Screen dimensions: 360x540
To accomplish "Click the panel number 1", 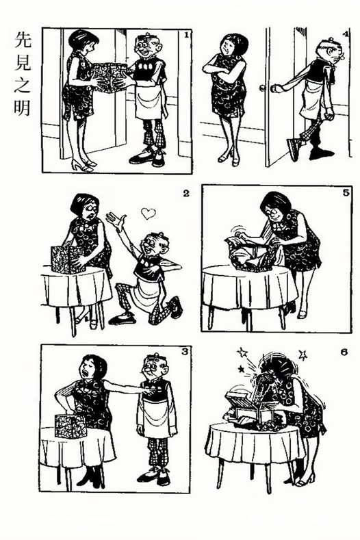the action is (186, 34).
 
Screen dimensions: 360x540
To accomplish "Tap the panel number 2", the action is (186, 194).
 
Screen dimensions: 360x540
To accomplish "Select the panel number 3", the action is (185, 352).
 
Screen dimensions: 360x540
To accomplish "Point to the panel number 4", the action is (346, 34).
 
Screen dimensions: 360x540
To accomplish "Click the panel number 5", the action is (346, 192).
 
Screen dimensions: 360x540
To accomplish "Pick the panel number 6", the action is (344, 352).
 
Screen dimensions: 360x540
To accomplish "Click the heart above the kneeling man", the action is (149, 214).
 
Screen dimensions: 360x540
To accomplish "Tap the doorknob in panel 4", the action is (263, 88).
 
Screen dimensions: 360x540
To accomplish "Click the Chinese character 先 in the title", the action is (23, 40).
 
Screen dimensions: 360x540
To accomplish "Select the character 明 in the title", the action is (23, 107).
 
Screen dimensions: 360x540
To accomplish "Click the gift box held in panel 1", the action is (110, 77).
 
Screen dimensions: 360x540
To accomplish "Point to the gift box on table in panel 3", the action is (70, 426).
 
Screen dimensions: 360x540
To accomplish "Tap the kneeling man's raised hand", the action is (116, 220).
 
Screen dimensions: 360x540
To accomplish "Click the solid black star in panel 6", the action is (242, 370).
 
